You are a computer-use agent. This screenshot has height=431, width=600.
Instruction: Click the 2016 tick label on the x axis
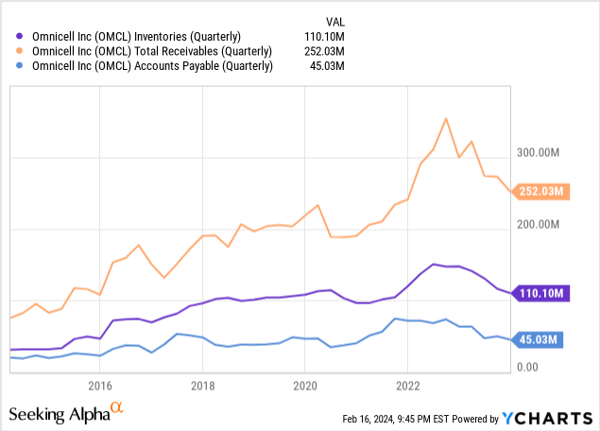(x=100, y=386)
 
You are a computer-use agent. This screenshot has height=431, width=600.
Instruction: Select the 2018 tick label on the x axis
(x=202, y=386)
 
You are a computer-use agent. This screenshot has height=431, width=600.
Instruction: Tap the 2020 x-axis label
(x=305, y=386)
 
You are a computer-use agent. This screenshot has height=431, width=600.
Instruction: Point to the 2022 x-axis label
(x=407, y=386)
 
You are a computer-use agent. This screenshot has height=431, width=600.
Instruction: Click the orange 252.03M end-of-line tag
(x=540, y=192)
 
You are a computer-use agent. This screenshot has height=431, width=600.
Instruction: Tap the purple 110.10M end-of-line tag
(x=540, y=294)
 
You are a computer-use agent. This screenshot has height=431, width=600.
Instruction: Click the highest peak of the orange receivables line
(x=445, y=118)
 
